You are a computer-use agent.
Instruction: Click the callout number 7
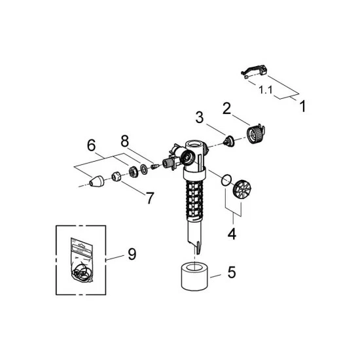click(149, 197)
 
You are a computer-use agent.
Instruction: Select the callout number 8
click(124, 140)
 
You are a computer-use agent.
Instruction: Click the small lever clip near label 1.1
click(251, 68)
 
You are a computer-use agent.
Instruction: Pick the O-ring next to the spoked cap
click(226, 177)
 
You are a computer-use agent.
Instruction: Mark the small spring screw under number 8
click(154, 166)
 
